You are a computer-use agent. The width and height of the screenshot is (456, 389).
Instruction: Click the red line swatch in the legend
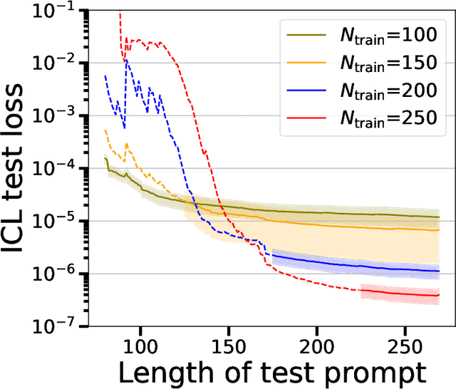(x=304, y=119)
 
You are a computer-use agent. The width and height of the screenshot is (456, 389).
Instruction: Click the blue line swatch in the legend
(x=304, y=90)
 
